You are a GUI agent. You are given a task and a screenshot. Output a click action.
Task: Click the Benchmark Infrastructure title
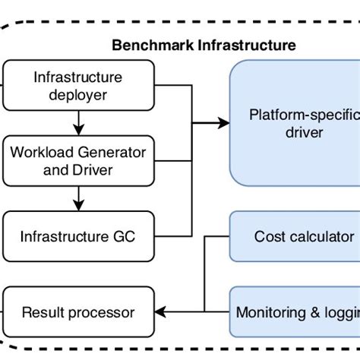204,46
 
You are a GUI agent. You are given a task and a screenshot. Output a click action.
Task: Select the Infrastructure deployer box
78,84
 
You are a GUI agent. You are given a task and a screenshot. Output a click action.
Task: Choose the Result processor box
78,311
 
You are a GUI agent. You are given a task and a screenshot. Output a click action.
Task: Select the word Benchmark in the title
153,46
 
